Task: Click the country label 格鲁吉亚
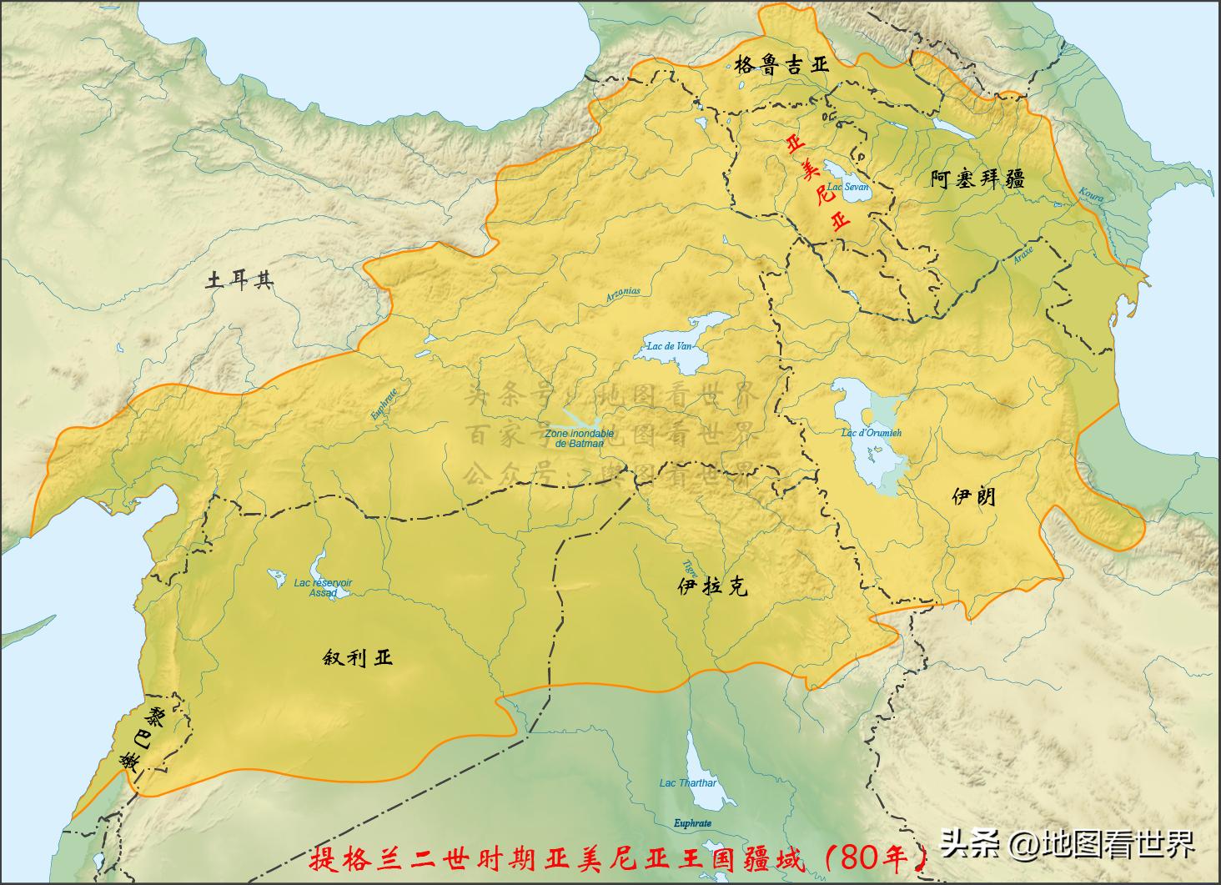(x=781, y=66)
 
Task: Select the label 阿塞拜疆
(x=977, y=179)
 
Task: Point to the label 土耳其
(x=240, y=280)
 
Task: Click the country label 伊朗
(x=973, y=497)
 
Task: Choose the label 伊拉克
(x=712, y=586)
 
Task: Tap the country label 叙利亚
(x=357, y=657)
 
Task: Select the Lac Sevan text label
(x=848, y=187)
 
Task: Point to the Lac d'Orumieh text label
(x=872, y=433)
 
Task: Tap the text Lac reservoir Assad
(x=323, y=588)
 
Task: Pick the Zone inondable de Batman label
(x=579, y=439)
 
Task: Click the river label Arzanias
(x=623, y=293)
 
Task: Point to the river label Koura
(x=1091, y=195)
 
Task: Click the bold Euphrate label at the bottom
(x=692, y=823)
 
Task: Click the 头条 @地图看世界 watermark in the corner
(x=1068, y=844)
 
